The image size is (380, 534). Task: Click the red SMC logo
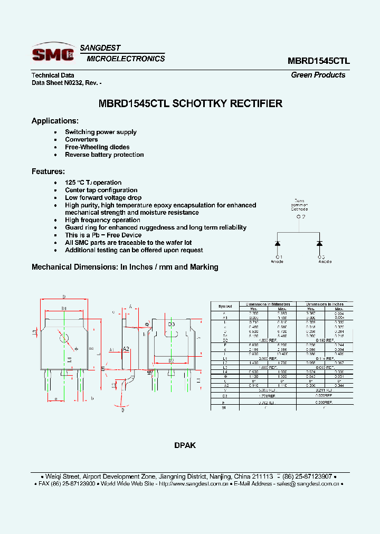coord(53,54)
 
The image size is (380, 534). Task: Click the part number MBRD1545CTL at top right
coord(318,61)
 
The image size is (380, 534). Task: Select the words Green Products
coord(318,75)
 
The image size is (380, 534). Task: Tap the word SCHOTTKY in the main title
coord(201,104)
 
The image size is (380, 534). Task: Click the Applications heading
coord(55,121)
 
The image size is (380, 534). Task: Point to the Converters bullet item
coord(81,140)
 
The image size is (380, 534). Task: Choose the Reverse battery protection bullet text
coord(104,155)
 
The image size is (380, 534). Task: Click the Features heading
coord(48,171)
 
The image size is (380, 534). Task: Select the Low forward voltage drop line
coord(103,198)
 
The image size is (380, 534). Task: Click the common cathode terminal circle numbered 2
coord(300,217)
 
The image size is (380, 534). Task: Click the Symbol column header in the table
coord(225,306)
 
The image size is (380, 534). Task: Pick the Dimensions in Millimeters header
coord(268,304)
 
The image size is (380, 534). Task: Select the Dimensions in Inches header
coord(324,304)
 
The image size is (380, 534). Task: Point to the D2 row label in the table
coord(225,340)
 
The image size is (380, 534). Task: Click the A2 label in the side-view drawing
coord(126,349)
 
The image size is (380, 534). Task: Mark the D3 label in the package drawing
coord(171,325)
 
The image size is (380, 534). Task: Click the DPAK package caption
coord(185,445)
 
